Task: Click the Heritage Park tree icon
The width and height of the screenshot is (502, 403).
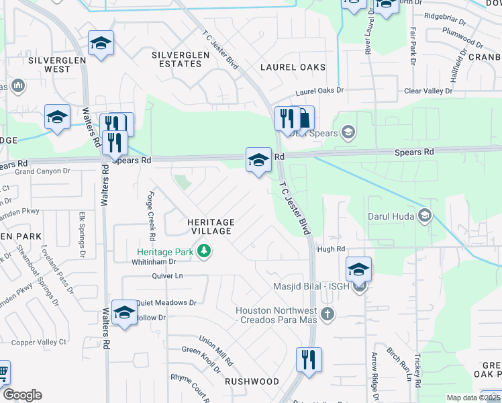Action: point(204,252)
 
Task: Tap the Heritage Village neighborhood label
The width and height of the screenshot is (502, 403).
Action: point(211,226)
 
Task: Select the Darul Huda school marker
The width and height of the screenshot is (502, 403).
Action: point(424,216)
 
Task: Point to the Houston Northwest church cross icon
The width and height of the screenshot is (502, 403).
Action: point(327,313)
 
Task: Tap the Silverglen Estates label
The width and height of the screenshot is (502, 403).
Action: point(177,59)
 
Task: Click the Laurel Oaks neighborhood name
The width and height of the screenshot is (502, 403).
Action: point(293,67)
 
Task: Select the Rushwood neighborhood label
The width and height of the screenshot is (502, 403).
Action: point(252,381)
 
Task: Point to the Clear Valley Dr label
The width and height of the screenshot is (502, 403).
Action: point(430,91)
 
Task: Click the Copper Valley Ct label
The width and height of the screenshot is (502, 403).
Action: point(40,342)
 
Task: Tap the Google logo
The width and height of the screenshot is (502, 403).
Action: point(22,395)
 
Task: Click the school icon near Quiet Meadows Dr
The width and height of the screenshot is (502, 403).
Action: point(124,313)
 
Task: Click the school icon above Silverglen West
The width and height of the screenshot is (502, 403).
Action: point(101,44)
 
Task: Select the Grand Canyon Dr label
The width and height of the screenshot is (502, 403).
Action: point(42,171)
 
